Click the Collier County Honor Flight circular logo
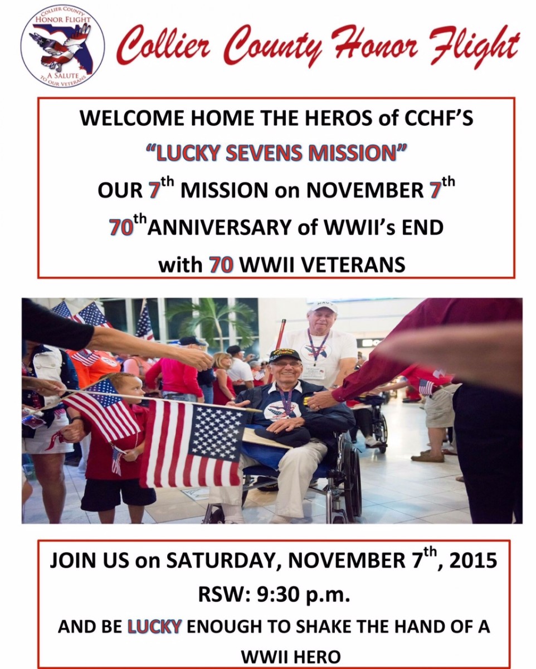click(x=63, y=47)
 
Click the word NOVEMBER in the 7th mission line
click(x=364, y=190)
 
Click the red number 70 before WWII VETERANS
click(x=222, y=265)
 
